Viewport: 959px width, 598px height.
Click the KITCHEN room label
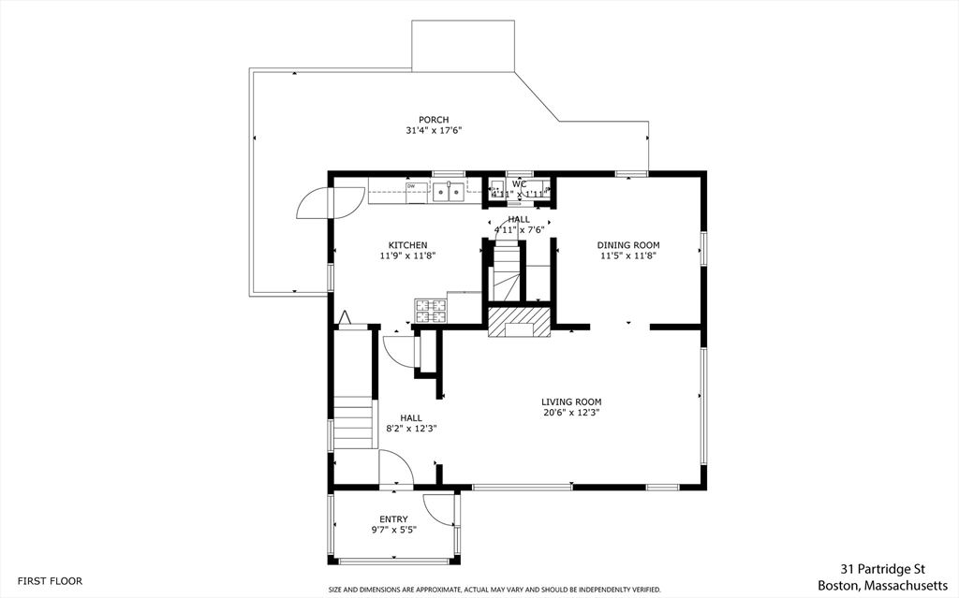tap(408, 245)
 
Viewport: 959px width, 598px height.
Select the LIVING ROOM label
tap(571, 401)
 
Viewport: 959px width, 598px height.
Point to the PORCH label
tap(434, 120)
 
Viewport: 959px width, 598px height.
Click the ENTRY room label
tap(393, 519)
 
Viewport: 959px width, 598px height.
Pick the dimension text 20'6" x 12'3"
tap(571, 413)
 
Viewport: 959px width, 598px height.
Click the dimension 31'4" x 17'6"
tap(434, 131)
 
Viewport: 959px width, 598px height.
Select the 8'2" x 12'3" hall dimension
tap(411, 429)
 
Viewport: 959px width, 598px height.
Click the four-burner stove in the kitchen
tap(431, 310)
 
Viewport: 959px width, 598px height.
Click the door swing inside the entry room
tap(438, 509)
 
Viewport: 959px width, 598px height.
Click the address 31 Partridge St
tap(883, 569)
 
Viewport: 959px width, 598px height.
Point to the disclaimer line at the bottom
tap(494, 591)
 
